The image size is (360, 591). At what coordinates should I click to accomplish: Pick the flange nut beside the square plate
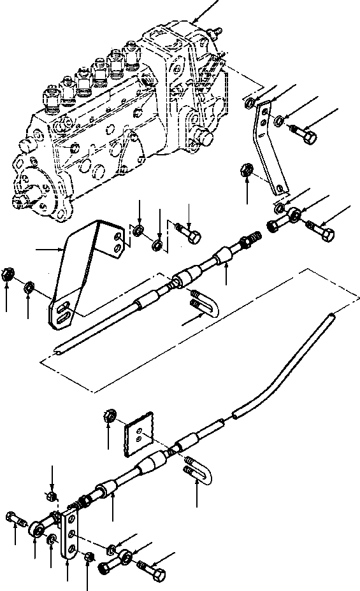coord(108,418)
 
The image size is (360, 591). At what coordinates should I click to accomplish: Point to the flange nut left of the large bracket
coord(8,274)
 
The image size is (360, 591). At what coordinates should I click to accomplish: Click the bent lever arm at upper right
coord(268,150)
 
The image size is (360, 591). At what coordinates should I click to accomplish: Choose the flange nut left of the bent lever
coord(248,171)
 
